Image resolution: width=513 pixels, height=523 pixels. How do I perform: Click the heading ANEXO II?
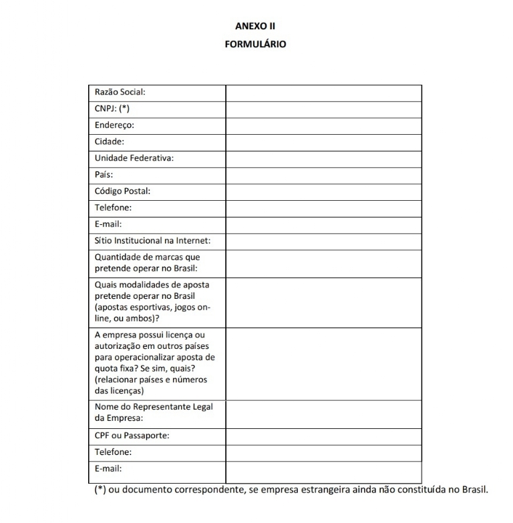pos(256,27)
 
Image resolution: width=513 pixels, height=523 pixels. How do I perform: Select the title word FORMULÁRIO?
pos(256,45)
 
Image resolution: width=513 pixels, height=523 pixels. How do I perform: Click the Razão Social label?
pos(120,93)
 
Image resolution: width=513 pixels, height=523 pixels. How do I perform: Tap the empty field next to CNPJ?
pos(323,109)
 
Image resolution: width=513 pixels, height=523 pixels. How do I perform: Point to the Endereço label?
pos(114,125)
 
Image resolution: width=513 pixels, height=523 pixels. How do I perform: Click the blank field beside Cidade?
pos(323,142)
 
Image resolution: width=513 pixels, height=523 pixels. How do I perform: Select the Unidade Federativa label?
pos(134,158)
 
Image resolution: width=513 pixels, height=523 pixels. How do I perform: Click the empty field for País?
pos(323,175)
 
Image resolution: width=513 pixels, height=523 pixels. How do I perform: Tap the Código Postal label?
pos(122,191)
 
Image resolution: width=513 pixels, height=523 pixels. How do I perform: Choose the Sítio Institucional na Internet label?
pos(157,241)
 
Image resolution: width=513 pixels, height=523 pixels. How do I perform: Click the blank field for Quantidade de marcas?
pos(323,263)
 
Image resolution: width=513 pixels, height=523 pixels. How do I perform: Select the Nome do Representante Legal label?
pos(158,407)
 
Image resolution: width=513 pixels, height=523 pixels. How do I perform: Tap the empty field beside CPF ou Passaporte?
pos(323,436)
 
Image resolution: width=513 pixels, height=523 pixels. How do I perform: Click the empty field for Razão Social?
pos(323,93)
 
